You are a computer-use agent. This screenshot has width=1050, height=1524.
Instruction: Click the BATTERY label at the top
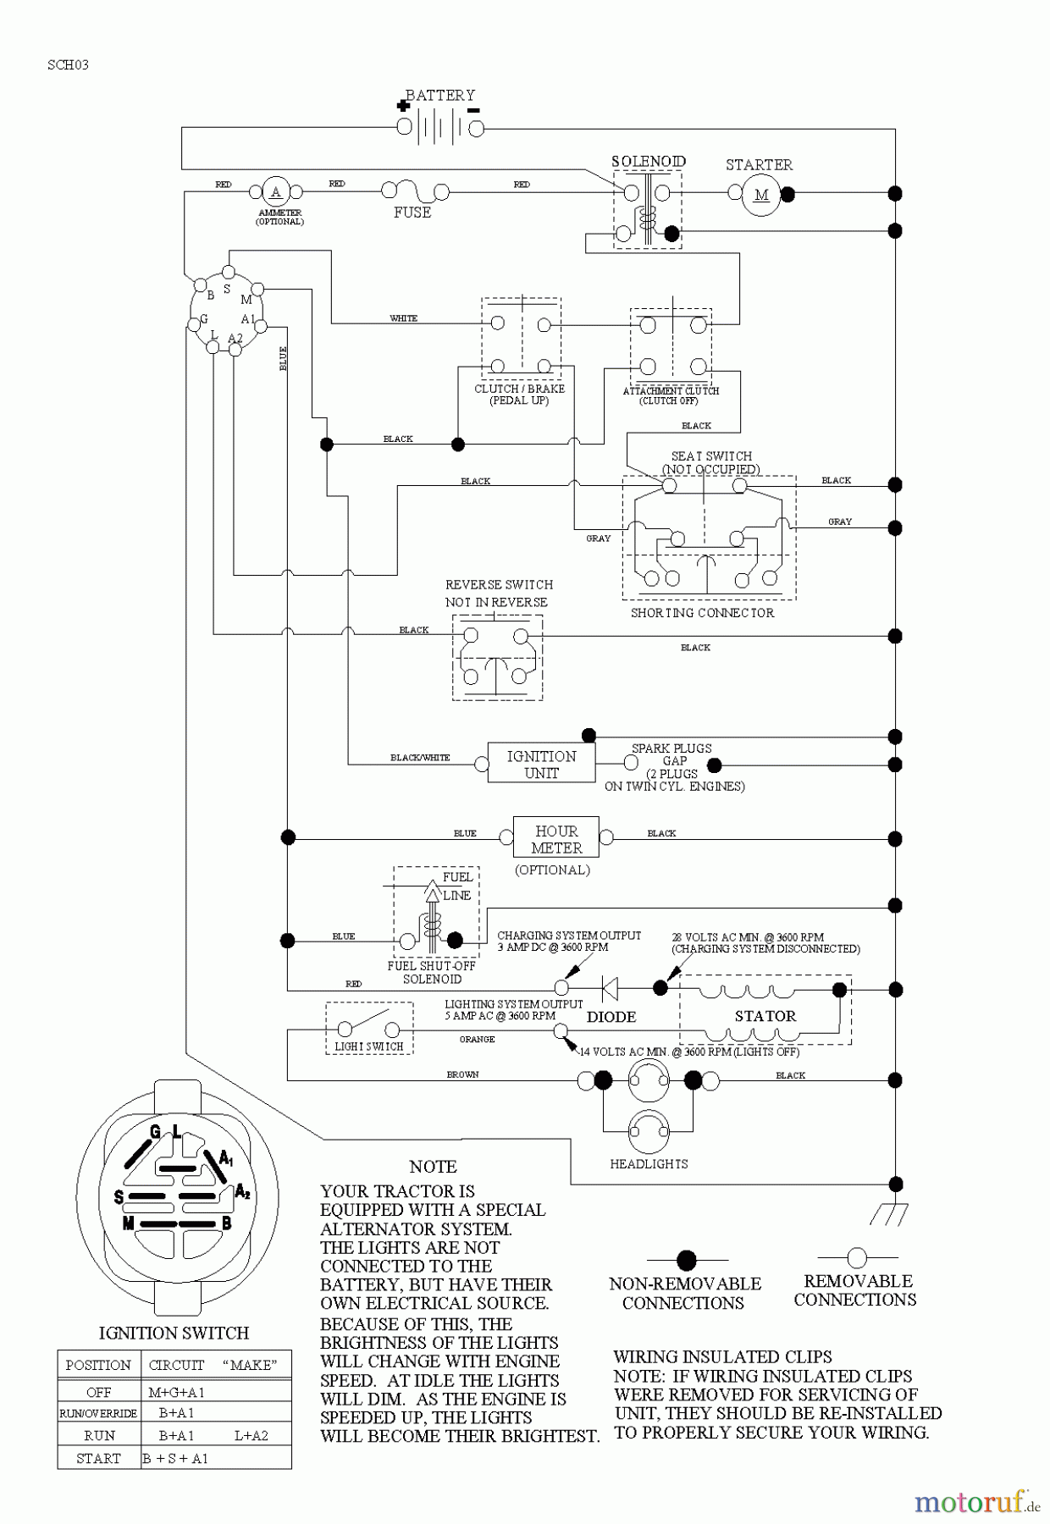click(x=439, y=96)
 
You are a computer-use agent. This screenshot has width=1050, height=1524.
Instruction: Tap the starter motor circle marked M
click(x=761, y=195)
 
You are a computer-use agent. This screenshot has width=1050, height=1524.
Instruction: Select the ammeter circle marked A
click(x=275, y=192)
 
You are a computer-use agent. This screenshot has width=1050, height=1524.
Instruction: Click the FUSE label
click(x=412, y=213)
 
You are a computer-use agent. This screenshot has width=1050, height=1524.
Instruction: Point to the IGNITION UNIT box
click(x=541, y=764)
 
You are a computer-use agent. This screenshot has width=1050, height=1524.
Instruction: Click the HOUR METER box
click(x=556, y=838)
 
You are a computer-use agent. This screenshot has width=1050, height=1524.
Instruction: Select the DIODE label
click(x=611, y=1017)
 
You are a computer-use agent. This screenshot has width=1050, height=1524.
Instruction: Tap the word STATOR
click(x=765, y=1016)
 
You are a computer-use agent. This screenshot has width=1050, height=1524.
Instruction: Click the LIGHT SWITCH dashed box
click(x=369, y=1029)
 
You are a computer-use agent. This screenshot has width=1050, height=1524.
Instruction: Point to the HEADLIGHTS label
click(x=649, y=1164)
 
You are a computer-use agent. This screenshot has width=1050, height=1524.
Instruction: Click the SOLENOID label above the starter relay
click(x=649, y=161)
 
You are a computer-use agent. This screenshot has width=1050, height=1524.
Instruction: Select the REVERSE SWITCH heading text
click(x=499, y=585)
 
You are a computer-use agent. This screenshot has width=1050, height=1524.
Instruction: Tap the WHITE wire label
click(x=403, y=318)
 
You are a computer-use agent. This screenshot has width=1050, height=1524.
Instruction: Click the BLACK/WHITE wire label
click(x=420, y=758)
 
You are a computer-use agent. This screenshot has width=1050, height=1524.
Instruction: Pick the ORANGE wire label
click(x=477, y=1039)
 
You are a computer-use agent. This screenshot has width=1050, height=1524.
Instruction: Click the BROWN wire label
click(x=462, y=1074)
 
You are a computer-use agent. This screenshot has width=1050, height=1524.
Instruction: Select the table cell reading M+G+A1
click(x=176, y=1392)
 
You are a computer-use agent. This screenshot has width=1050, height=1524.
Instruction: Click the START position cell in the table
click(x=98, y=1458)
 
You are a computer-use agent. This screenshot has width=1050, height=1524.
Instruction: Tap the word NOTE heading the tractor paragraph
click(x=433, y=1167)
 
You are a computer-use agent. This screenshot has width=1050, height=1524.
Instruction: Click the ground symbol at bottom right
click(x=889, y=1214)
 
